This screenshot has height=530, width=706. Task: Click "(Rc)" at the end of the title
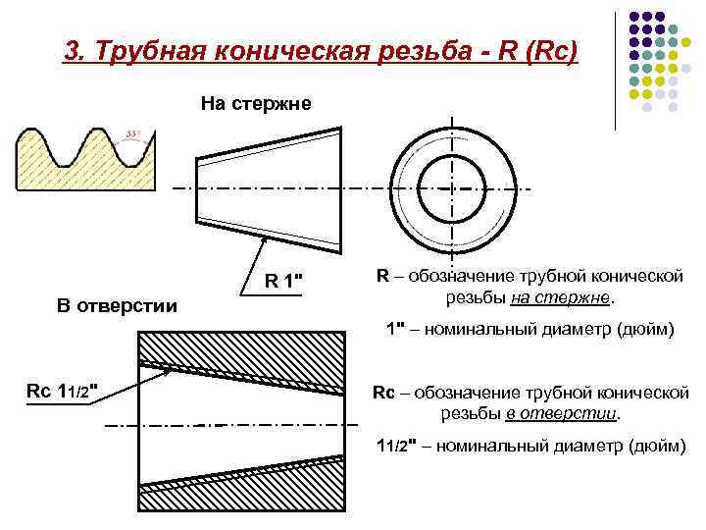tap(552, 50)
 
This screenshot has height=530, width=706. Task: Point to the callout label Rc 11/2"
tap(61, 391)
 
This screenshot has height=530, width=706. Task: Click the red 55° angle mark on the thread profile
tap(132, 134)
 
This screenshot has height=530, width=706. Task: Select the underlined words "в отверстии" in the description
tap(562, 413)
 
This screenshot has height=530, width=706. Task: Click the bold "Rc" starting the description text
tap(382, 393)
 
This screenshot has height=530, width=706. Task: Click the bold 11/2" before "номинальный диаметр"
tap(397, 448)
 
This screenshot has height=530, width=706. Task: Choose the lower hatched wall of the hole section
tap(245, 486)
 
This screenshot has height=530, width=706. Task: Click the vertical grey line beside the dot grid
tap(616, 69)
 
